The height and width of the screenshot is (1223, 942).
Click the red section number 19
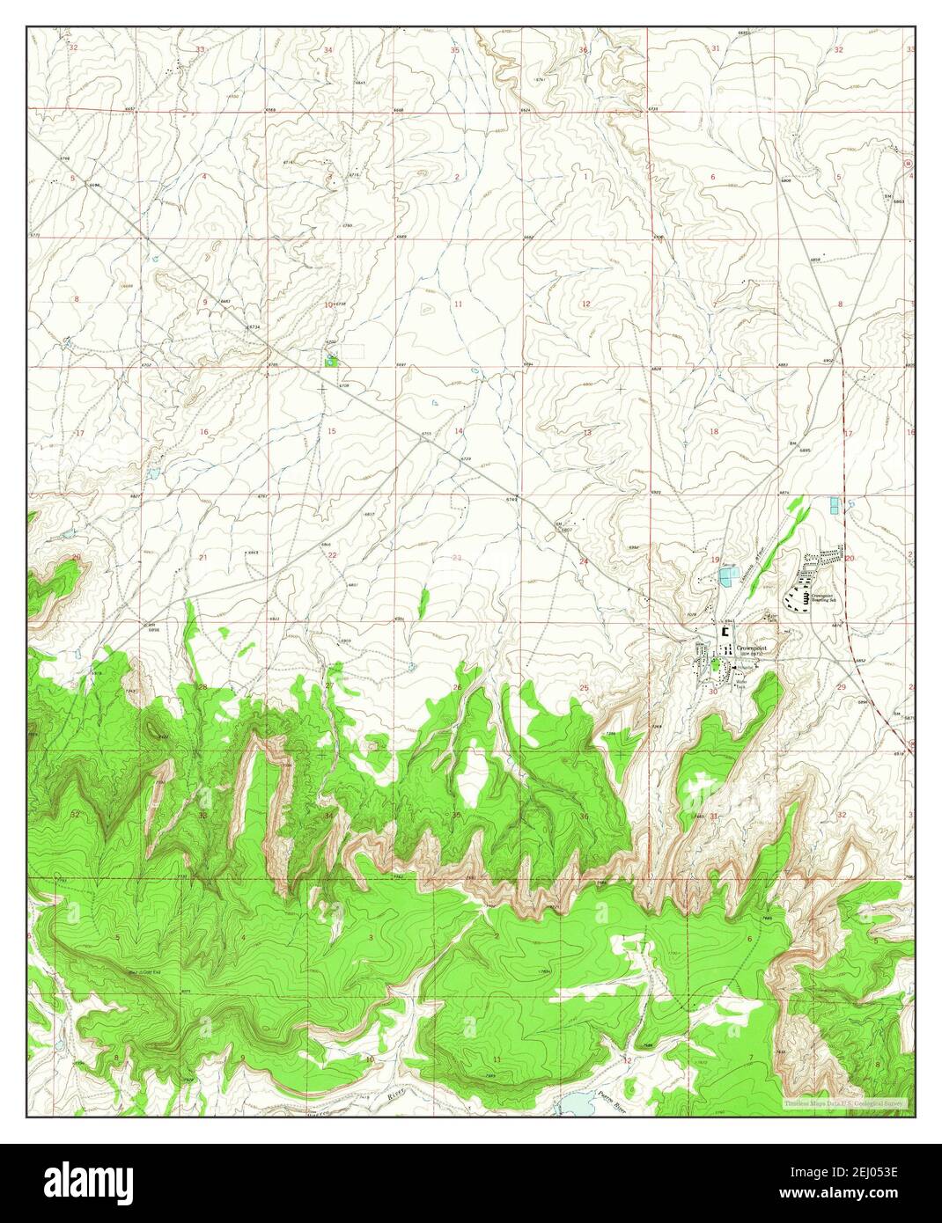pyautogui.click(x=715, y=560)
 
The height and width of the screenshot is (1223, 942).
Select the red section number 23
pyautogui.click(x=456, y=558)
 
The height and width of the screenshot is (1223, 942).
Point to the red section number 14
pyautogui.click(x=459, y=431)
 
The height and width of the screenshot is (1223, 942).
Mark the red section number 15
pyautogui.click(x=331, y=431)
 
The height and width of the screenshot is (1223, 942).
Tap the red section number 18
pyautogui.click(x=713, y=431)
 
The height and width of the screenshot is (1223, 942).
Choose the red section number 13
pyautogui.click(x=586, y=433)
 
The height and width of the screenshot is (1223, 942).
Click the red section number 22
pyautogui.click(x=331, y=556)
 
